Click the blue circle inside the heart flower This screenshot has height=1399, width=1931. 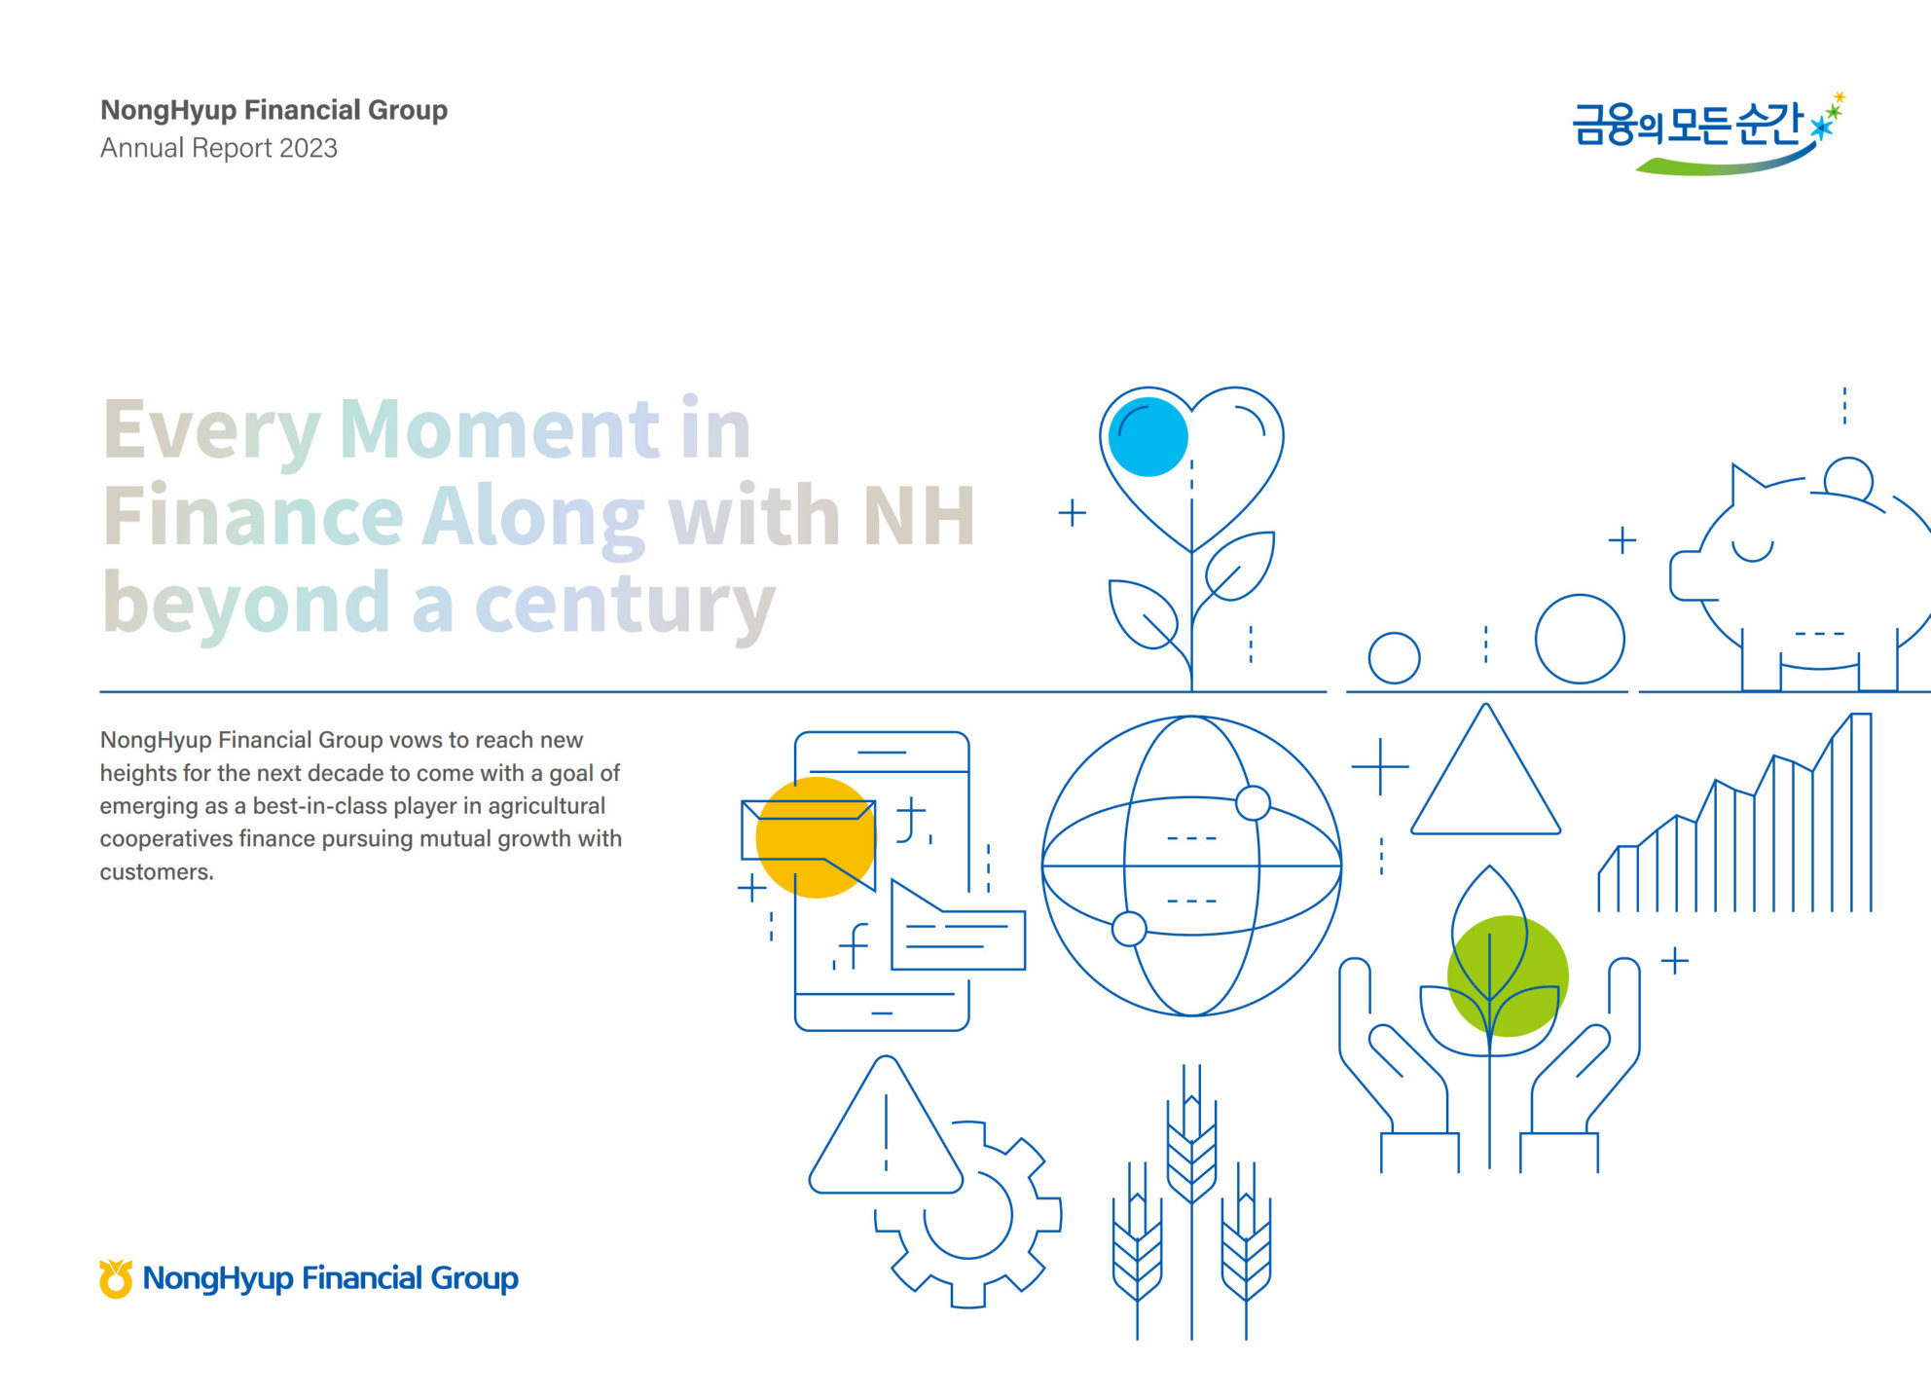[1148, 436]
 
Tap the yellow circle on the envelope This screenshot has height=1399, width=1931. [816, 837]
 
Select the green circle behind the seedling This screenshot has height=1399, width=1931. [1508, 976]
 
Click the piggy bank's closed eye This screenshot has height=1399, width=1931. [1752, 551]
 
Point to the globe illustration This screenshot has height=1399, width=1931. [1191, 865]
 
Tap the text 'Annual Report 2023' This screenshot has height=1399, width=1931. [219, 148]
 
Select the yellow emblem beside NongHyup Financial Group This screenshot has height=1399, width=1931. [116, 1278]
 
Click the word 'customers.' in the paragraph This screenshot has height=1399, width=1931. [157, 871]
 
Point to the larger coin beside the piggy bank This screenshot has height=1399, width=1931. [1580, 639]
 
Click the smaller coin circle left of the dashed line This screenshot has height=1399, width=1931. [1394, 658]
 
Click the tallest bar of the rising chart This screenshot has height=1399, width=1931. [1861, 812]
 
